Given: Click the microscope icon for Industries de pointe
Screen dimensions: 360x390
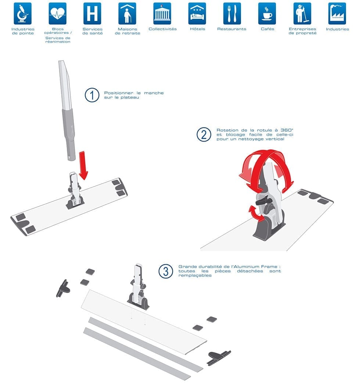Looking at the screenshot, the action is pos(23,14).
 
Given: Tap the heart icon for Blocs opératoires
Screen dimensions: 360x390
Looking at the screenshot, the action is pos(57,14).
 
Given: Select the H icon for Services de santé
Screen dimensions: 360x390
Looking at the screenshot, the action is pos(92,14).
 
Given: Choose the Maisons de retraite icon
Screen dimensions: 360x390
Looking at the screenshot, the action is pos(127,14).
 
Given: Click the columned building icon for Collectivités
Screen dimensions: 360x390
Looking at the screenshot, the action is pos(162,14).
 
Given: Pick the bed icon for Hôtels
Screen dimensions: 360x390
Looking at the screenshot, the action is pos(197,14).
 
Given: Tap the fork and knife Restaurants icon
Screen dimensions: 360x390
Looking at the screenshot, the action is pos(232,14).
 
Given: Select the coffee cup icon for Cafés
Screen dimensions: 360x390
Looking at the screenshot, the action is pos(267,14).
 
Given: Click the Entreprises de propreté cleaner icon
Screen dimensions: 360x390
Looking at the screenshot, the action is pos(302,14).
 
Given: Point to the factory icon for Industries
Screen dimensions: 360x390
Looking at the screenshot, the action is pos(337,14).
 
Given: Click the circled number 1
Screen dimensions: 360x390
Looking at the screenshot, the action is pos(92,95).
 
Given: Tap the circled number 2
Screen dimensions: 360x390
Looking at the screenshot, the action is pos(204,135).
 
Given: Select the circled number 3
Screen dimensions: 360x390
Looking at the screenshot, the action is pos(166,271).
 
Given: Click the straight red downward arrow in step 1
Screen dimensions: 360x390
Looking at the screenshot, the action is pos(83,165).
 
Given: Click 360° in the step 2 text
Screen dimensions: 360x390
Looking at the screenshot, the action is pos(287,130).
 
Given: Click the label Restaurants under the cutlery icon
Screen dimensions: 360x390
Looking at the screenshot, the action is pos(232,29).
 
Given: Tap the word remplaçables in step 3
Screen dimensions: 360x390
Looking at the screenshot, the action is pos(195,276).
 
